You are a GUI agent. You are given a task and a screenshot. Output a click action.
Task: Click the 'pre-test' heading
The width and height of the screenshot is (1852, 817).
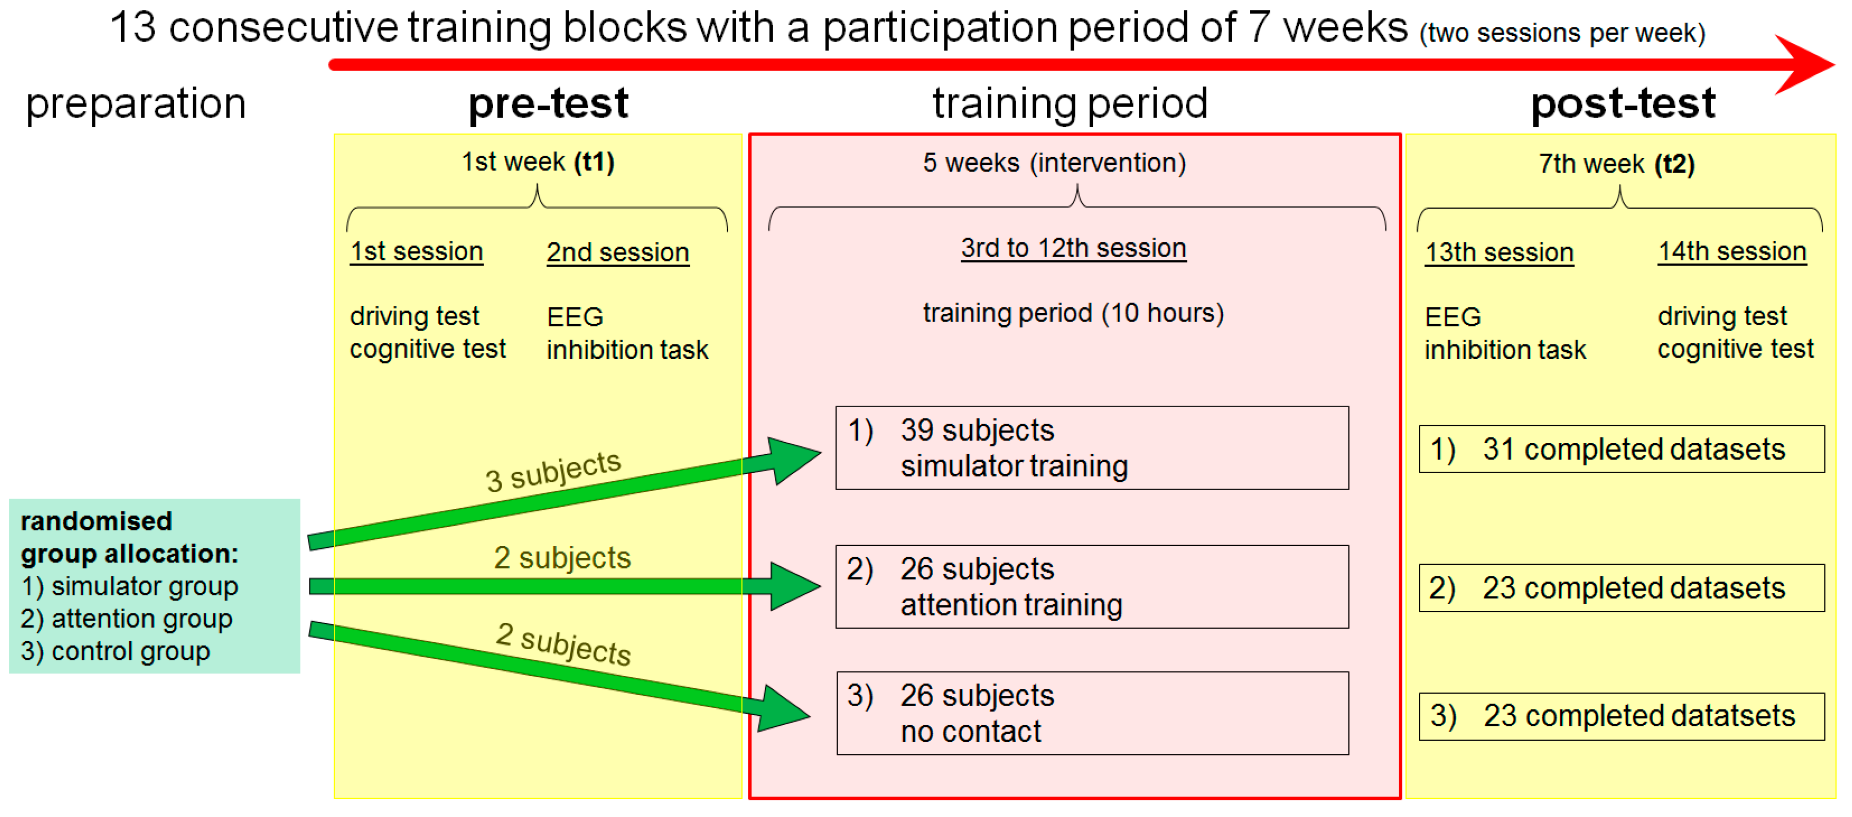[x=549, y=104]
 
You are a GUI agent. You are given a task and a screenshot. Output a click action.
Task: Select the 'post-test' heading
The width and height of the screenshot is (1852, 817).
[x=1624, y=104]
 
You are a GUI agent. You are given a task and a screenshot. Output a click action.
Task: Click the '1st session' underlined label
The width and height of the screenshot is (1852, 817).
[x=416, y=252]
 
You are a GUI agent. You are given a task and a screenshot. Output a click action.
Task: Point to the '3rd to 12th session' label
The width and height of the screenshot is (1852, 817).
[x=1073, y=248]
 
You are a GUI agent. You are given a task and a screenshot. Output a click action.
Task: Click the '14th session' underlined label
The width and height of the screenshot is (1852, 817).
[x=1732, y=252]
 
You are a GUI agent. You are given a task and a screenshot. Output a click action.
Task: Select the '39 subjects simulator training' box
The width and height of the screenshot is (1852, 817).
[x=1092, y=447]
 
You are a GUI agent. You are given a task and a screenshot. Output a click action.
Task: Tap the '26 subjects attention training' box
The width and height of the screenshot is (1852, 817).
[x=1092, y=587]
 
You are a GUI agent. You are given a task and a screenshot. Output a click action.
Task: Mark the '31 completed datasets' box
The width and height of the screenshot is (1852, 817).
[x=1621, y=449]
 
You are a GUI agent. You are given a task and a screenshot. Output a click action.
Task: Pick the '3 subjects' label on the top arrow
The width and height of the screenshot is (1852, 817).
[x=553, y=471]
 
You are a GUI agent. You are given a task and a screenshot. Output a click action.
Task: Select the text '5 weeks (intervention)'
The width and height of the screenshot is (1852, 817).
[x=1054, y=163]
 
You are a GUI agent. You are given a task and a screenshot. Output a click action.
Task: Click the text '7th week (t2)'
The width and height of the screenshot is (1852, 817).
[x=1616, y=164]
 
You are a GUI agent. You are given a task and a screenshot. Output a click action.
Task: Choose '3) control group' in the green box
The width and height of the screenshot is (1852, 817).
[x=115, y=651]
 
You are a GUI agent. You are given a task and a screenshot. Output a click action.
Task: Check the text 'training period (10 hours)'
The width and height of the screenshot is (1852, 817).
[x=1073, y=313]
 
